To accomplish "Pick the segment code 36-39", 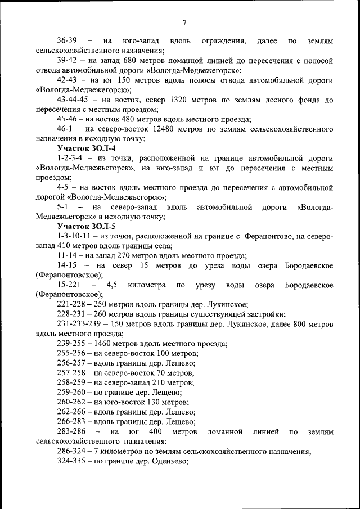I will (x=67, y=41).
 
